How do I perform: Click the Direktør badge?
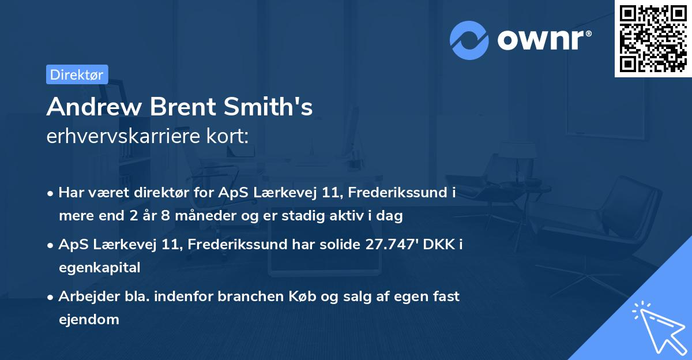point(77,74)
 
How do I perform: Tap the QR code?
point(653,38)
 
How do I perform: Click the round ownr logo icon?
point(469,40)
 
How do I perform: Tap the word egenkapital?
point(99,267)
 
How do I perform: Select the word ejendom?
point(89,319)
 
